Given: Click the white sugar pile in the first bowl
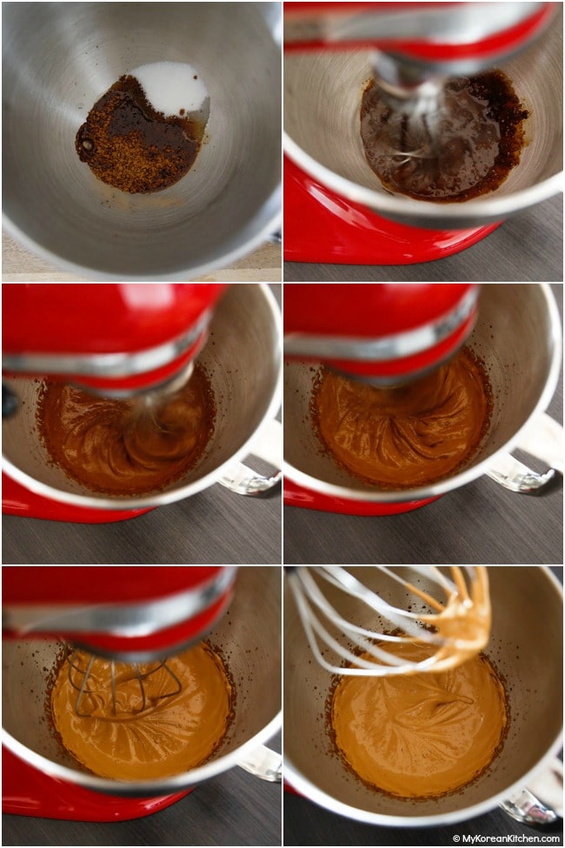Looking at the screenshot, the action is pyautogui.click(x=172, y=90).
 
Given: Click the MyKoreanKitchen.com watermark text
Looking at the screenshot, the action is pyautogui.click(x=510, y=838).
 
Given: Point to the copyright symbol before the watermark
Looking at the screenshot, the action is pyautogui.click(x=456, y=838).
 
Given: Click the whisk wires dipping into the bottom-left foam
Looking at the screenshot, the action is pyautogui.click(x=123, y=684).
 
